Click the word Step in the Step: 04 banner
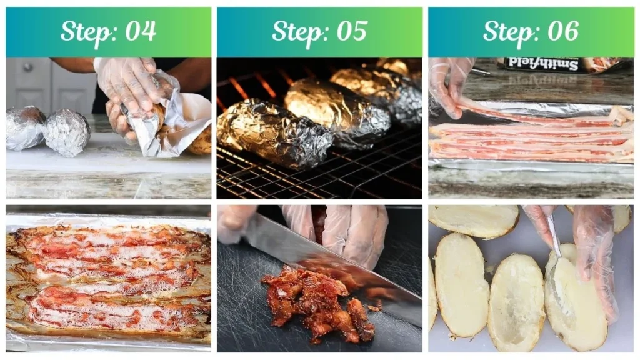pos(84,31)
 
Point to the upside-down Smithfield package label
pos(531,63)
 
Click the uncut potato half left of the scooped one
pos(462,284)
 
